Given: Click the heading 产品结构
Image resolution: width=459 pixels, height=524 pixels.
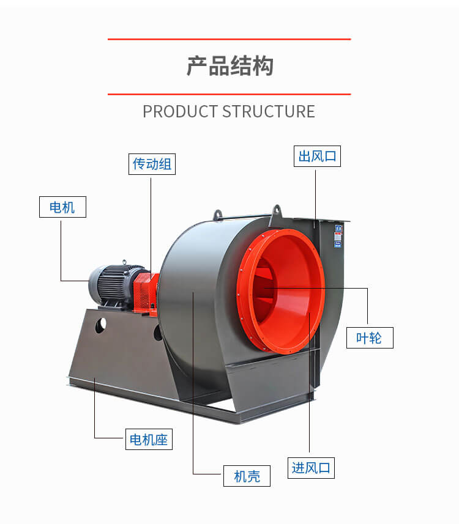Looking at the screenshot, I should pyautogui.click(x=229, y=67).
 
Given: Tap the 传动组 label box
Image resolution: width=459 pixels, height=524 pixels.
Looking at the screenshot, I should pyautogui.click(x=152, y=164).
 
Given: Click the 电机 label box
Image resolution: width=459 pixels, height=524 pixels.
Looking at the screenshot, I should pyautogui.click(x=62, y=207).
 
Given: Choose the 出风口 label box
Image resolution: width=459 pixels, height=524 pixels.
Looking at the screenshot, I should pyautogui.click(x=317, y=156).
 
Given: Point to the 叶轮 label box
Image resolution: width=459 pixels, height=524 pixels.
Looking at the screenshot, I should pyautogui.click(x=369, y=338).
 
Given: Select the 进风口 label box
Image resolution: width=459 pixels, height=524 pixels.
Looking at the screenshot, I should pyautogui.click(x=311, y=468).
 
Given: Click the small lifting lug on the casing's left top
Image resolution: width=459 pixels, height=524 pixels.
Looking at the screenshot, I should pyautogui.click(x=217, y=215).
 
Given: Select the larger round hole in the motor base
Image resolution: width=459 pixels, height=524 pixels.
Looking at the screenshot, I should pyautogui.click(x=100, y=325).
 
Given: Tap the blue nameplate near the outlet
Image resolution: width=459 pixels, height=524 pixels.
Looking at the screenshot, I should pyautogui.click(x=338, y=235).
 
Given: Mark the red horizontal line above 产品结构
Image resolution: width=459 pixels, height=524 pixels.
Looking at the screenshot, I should pyautogui.click(x=229, y=39).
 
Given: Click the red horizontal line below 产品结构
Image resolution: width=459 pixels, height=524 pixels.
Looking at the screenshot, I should pyautogui.click(x=229, y=94).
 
